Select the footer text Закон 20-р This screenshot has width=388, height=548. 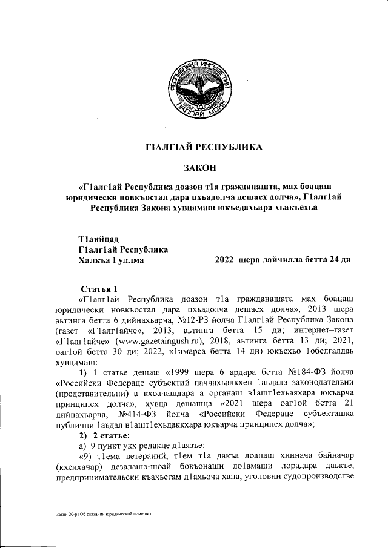tap(61, 513)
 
